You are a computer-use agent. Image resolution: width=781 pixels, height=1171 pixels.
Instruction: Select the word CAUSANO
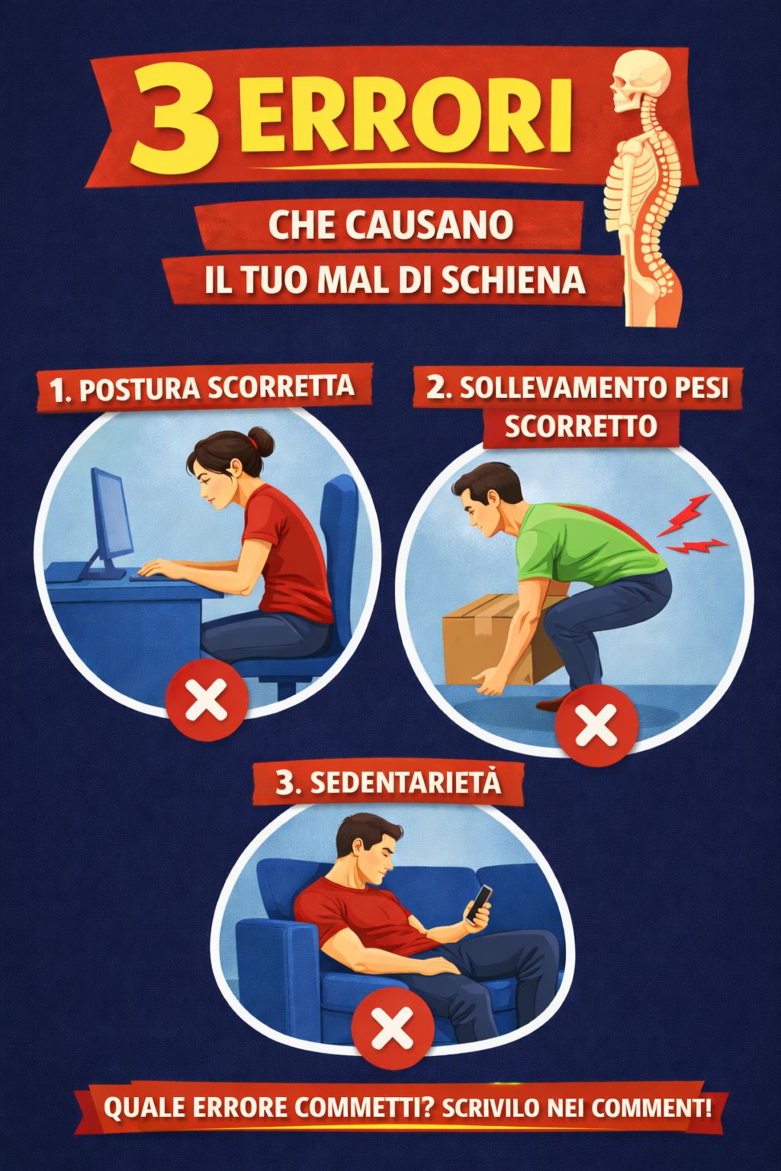(x=429, y=226)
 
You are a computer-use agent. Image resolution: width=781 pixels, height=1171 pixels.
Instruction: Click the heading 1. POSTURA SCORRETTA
(x=202, y=388)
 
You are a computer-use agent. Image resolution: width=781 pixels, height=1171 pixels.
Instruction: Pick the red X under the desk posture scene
(x=207, y=699)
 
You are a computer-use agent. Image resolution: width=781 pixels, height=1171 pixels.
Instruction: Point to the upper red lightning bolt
(x=684, y=515)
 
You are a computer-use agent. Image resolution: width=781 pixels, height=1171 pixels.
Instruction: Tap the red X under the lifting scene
(x=596, y=726)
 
